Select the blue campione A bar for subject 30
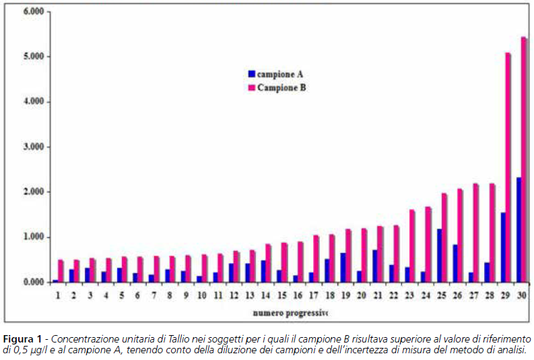pos(519,229)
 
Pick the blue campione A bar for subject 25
pos(439,255)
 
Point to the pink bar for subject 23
pos(411,246)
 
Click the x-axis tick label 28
pos(490,295)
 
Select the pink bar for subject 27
pos(476,233)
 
